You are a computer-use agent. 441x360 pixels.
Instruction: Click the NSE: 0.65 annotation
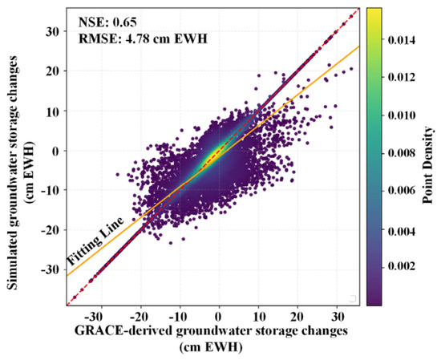point(107,22)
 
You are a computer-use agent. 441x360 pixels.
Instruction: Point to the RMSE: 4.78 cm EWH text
point(143,38)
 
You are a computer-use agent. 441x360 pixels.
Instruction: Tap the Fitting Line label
point(95,242)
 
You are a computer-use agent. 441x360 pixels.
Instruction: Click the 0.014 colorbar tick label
point(402,40)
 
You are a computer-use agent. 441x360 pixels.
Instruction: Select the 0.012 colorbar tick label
point(402,77)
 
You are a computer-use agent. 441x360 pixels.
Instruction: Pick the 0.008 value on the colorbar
point(402,153)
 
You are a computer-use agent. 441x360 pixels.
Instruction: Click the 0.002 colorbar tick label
point(402,266)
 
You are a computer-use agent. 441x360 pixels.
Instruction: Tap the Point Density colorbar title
point(427,165)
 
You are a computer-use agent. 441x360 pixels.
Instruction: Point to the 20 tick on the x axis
point(297,317)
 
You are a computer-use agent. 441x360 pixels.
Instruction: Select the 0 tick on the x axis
point(219,317)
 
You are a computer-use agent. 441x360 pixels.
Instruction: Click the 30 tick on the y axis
point(54,31)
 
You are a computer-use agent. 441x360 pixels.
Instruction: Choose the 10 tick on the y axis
point(54,111)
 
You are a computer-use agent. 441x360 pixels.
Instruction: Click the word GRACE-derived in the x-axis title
point(123,330)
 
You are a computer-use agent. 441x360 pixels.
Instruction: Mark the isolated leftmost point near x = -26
point(117,175)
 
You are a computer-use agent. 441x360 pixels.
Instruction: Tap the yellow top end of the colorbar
point(374,10)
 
